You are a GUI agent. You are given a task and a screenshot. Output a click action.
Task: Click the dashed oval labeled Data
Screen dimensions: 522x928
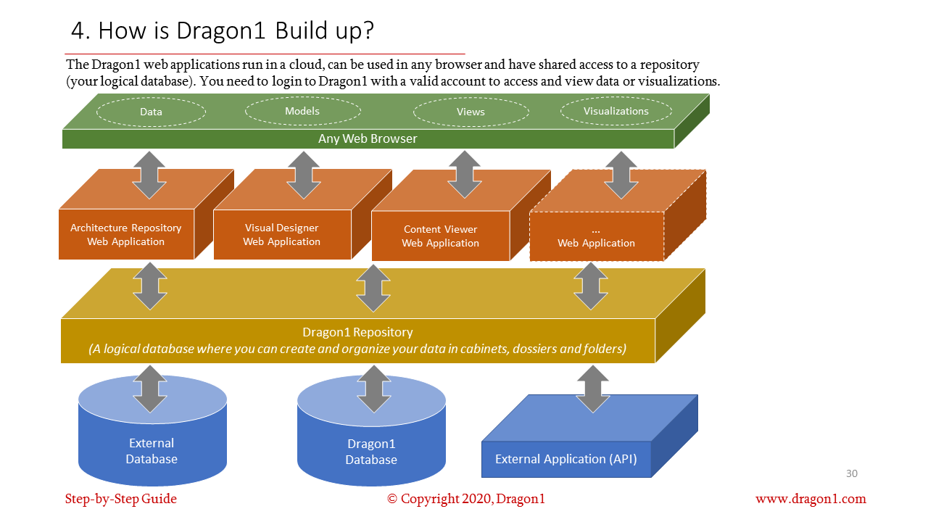pos(151,112)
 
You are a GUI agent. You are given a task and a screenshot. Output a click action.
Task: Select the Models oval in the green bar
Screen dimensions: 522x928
pos(302,111)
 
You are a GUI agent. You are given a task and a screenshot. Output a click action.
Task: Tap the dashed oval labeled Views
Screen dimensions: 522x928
pos(471,112)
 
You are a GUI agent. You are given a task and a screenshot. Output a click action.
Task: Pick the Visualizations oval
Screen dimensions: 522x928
pos(616,111)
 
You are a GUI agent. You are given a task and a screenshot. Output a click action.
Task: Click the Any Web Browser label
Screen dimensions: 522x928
pos(368,138)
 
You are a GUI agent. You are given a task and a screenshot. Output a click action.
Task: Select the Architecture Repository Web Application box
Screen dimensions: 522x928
pos(126,234)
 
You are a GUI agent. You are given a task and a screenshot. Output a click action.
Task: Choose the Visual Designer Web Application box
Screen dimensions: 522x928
pos(281,234)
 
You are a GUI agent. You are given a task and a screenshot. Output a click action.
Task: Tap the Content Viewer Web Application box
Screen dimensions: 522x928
pos(440,236)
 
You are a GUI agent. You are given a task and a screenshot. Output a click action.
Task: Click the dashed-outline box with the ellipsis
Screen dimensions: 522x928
pos(596,236)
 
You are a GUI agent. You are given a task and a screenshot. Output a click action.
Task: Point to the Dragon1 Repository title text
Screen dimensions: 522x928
pos(357,332)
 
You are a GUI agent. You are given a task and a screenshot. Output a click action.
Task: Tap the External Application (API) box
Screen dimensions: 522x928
pos(565,459)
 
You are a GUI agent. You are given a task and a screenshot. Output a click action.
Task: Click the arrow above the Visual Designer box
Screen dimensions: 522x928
pos(304,175)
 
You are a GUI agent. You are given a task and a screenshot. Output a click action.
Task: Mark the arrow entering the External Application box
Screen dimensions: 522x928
pos(592,389)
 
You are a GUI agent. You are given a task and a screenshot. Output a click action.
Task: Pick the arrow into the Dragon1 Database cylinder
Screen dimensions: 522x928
pos(374,389)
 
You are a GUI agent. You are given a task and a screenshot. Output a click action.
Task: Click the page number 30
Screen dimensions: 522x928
pos(852,473)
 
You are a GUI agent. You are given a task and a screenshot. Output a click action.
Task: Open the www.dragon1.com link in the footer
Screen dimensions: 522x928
pos(811,499)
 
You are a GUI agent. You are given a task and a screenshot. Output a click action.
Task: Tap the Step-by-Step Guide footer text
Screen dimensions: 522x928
pos(121,499)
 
